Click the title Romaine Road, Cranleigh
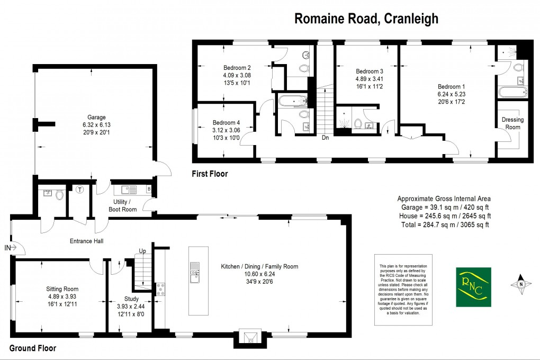[366, 19]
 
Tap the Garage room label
[97, 118]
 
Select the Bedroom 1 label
[452, 86]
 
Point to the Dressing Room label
[512, 123]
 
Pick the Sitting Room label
[62, 289]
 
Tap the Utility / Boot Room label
[125, 206]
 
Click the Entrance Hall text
[86, 241]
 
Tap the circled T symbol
[80, 190]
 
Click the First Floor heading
[210, 174]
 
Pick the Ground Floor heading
[33, 348]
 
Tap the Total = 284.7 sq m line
[444, 224]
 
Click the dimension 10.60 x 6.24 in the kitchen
[259, 274]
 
